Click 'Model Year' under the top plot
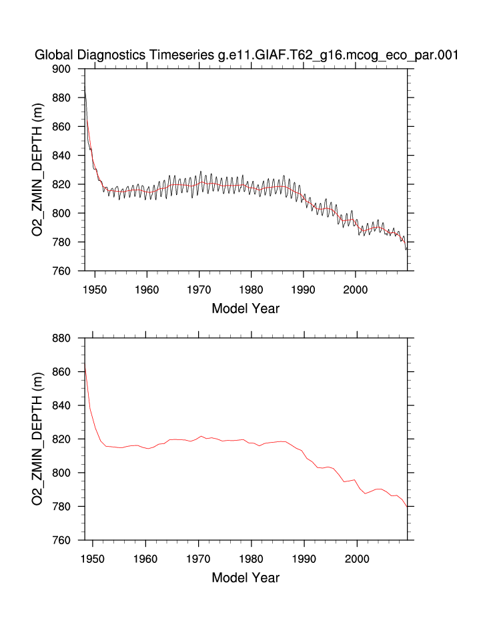[x=246, y=308]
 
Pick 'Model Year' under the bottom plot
[x=246, y=578]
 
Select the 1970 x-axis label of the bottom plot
[x=199, y=559]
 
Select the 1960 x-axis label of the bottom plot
[x=147, y=559]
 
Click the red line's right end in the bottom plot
[x=407, y=506]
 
